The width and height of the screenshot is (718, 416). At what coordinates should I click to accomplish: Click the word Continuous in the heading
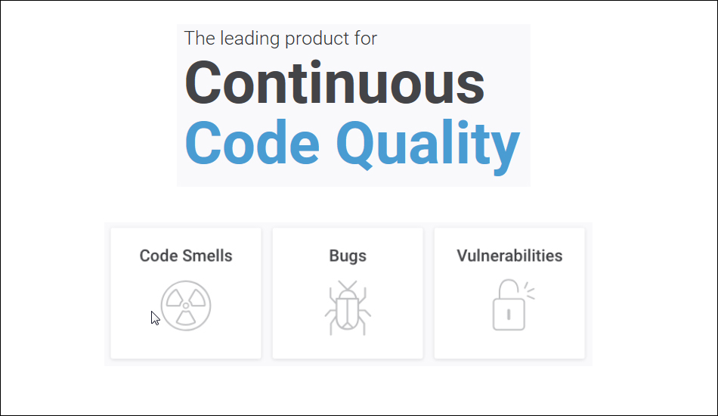[334, 83]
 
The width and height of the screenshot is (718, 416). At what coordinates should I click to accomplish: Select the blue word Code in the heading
[252, 142]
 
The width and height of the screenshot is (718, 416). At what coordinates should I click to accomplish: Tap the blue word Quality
[428, 147]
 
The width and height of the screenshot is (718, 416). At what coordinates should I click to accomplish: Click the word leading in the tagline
[250, 39]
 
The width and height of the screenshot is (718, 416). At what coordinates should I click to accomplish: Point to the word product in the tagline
[317, 39]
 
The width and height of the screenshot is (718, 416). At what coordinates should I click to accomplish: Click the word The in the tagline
[200, 38]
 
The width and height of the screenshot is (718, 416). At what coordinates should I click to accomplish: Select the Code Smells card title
[186, 256]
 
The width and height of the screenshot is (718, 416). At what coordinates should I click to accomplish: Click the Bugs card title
[348, 256]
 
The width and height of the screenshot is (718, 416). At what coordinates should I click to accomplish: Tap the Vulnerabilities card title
[509, 256]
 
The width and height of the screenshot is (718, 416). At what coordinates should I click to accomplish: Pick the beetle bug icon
[348, 308]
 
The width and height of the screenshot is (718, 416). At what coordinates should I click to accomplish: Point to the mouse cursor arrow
[155, 318]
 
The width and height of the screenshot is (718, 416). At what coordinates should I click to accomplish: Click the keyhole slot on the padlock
[509, 315]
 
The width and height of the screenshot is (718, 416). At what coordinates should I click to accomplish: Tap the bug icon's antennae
[348, 285]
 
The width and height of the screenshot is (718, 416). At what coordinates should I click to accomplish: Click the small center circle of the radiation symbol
[186, 306]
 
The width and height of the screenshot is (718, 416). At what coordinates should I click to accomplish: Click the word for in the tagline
[365, 39]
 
